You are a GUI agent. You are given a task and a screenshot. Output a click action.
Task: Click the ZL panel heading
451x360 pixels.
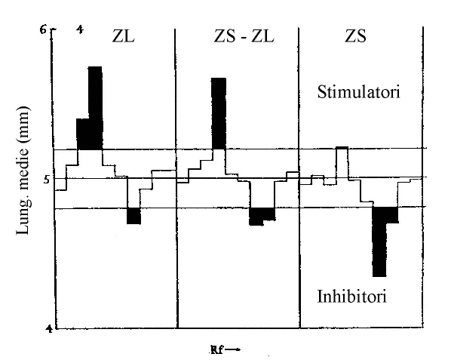(124, 36)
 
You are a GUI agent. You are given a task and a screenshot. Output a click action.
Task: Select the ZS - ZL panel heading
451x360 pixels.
(244, 36)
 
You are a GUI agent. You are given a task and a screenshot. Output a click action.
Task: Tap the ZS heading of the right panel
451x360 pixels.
(356, 36)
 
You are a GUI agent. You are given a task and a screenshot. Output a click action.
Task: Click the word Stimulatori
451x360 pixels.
(359, 92)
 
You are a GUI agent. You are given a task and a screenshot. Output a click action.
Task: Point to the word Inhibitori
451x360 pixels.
(351, 296)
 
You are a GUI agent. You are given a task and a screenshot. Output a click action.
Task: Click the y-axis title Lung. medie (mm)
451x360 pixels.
(23, 171)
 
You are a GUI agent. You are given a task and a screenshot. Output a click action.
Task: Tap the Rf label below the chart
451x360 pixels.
(217, 350)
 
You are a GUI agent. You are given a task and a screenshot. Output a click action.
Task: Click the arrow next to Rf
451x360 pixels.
(232, 350)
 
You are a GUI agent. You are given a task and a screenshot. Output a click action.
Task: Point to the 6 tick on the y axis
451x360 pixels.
(43, 29)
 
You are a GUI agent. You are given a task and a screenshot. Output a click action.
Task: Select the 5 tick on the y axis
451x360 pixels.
(46, 180)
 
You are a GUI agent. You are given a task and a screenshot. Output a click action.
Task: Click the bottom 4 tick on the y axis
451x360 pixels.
(50, 328)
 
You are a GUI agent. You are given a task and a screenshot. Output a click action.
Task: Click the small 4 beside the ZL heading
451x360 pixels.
(80, 29)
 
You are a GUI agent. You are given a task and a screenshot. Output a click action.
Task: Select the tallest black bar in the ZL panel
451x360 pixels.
(95, 108)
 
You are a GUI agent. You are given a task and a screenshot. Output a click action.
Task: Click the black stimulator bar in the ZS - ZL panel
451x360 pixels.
(219, 113)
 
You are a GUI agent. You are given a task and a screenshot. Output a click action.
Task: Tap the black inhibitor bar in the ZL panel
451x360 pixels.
(134, 216)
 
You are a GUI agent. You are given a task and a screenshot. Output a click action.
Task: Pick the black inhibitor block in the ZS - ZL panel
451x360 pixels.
(262, 216)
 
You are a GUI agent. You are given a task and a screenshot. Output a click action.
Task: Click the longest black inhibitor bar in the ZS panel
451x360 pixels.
(379, 242)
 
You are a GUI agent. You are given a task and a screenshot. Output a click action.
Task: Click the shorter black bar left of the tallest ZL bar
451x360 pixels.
(83, 134)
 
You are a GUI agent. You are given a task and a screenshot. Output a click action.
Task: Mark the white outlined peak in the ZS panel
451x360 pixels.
(342, 162)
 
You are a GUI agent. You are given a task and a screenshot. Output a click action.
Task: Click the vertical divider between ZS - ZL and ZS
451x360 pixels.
(299, 177)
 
